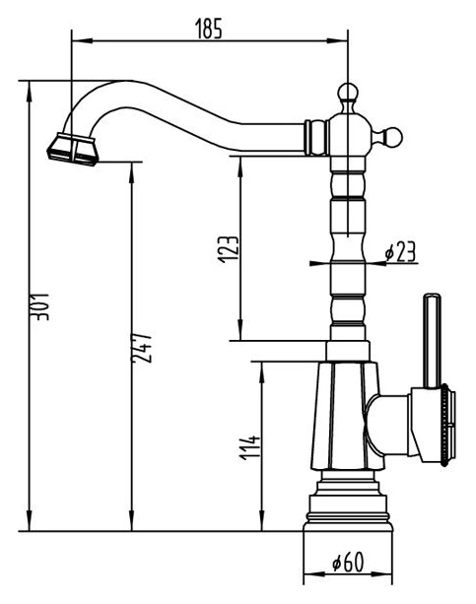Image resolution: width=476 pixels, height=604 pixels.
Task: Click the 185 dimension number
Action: tap(209, 29)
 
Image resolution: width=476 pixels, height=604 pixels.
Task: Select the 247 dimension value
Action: tap(142, 347)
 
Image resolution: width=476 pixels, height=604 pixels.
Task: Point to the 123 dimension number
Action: tap(229, 249)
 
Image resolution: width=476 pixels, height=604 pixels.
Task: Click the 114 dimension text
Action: tap(250, 447)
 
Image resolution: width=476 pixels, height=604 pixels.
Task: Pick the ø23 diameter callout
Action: tap(400, 252)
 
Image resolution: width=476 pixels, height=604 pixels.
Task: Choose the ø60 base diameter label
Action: tap(348, 562)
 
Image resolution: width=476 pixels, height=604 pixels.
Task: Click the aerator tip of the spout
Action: tap(73, 150)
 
